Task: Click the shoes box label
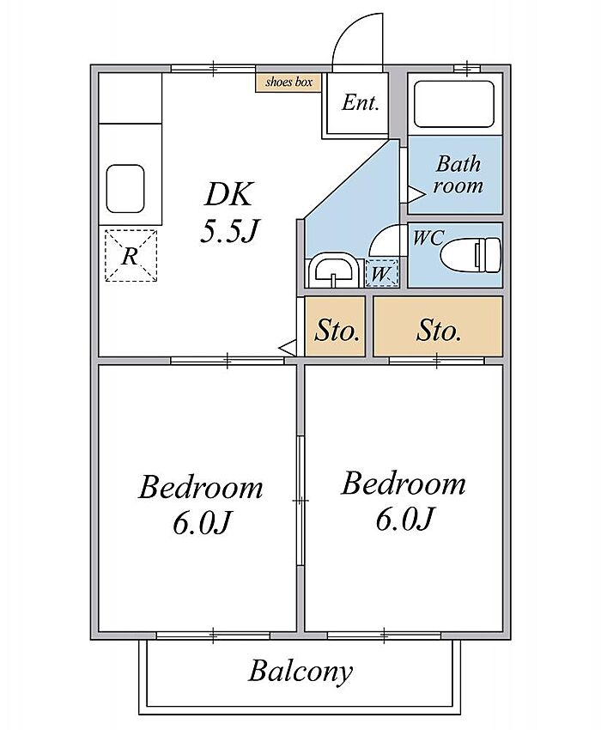click(x=288, y=82)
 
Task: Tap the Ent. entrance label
click(x=360, y=103)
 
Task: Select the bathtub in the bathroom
click(x=453, y=104)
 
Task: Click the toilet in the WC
click(x=470, y=254)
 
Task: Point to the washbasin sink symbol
click(x=333, y=271)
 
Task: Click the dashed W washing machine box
click(x=382, y=273)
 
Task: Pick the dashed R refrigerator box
click(x=131, y=256)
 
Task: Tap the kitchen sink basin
click(x=125, y=189)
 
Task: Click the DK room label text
click(x=229, y=195)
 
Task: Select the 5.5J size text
click(x=229, y=230)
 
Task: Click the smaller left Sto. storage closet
click(x=335, y=327)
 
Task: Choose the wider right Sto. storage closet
click(x=438, y=327)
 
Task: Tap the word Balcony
click(x=300, y=672)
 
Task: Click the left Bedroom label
click(x=201, y=488)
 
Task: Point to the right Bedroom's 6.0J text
click(x=404, y=519)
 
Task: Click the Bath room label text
click(x=458, y=174)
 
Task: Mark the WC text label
click(x=428, y=238)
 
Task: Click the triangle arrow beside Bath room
click(x=416, y=194)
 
